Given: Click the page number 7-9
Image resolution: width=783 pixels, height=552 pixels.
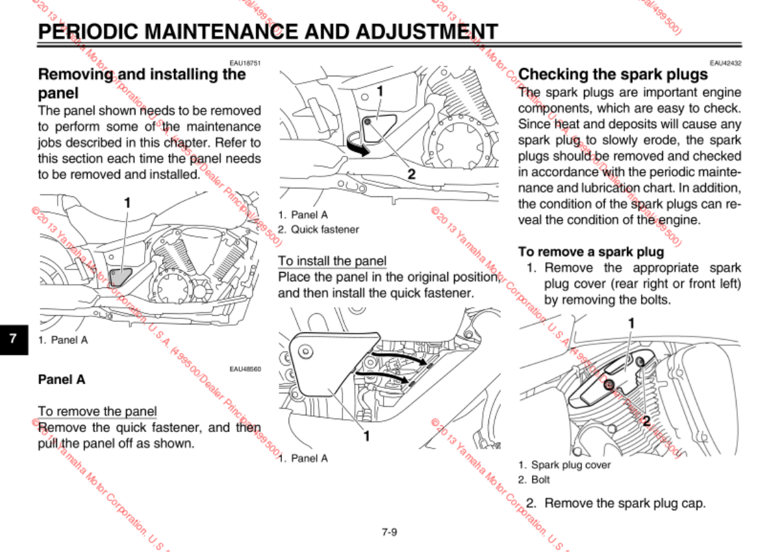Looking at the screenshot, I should (x=390, y=531).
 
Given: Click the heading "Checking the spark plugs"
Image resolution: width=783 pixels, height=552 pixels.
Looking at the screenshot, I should (x=613, y=74).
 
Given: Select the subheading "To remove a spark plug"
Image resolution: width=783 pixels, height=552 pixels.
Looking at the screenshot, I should (x=591, y=252).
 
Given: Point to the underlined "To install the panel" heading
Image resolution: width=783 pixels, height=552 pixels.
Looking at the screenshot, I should (x=332, y=261).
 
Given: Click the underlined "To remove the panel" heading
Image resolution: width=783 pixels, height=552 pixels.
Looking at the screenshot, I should (x=98, y=411).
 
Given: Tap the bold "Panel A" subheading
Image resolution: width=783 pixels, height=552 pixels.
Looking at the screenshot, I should (x=62, y=380).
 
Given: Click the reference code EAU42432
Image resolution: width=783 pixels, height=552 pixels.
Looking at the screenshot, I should (x=725, y=63).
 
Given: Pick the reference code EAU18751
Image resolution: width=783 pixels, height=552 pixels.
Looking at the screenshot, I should (x=245, y=63).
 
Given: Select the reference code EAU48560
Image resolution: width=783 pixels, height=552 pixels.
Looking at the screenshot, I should (x=245, y=369).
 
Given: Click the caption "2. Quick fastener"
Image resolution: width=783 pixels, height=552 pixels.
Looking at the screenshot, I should (x=319, y=230).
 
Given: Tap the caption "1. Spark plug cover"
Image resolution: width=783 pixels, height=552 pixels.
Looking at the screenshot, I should (x=564, y=465).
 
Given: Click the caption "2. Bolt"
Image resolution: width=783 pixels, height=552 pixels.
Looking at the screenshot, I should (x=534, y=479).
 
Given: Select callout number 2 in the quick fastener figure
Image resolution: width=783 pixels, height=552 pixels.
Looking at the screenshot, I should (x=411, y=174).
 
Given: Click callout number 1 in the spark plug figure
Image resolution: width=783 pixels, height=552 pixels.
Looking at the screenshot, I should (x=631, y=323).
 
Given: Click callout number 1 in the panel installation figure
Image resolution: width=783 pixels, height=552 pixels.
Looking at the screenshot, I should (x=365, y=436).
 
